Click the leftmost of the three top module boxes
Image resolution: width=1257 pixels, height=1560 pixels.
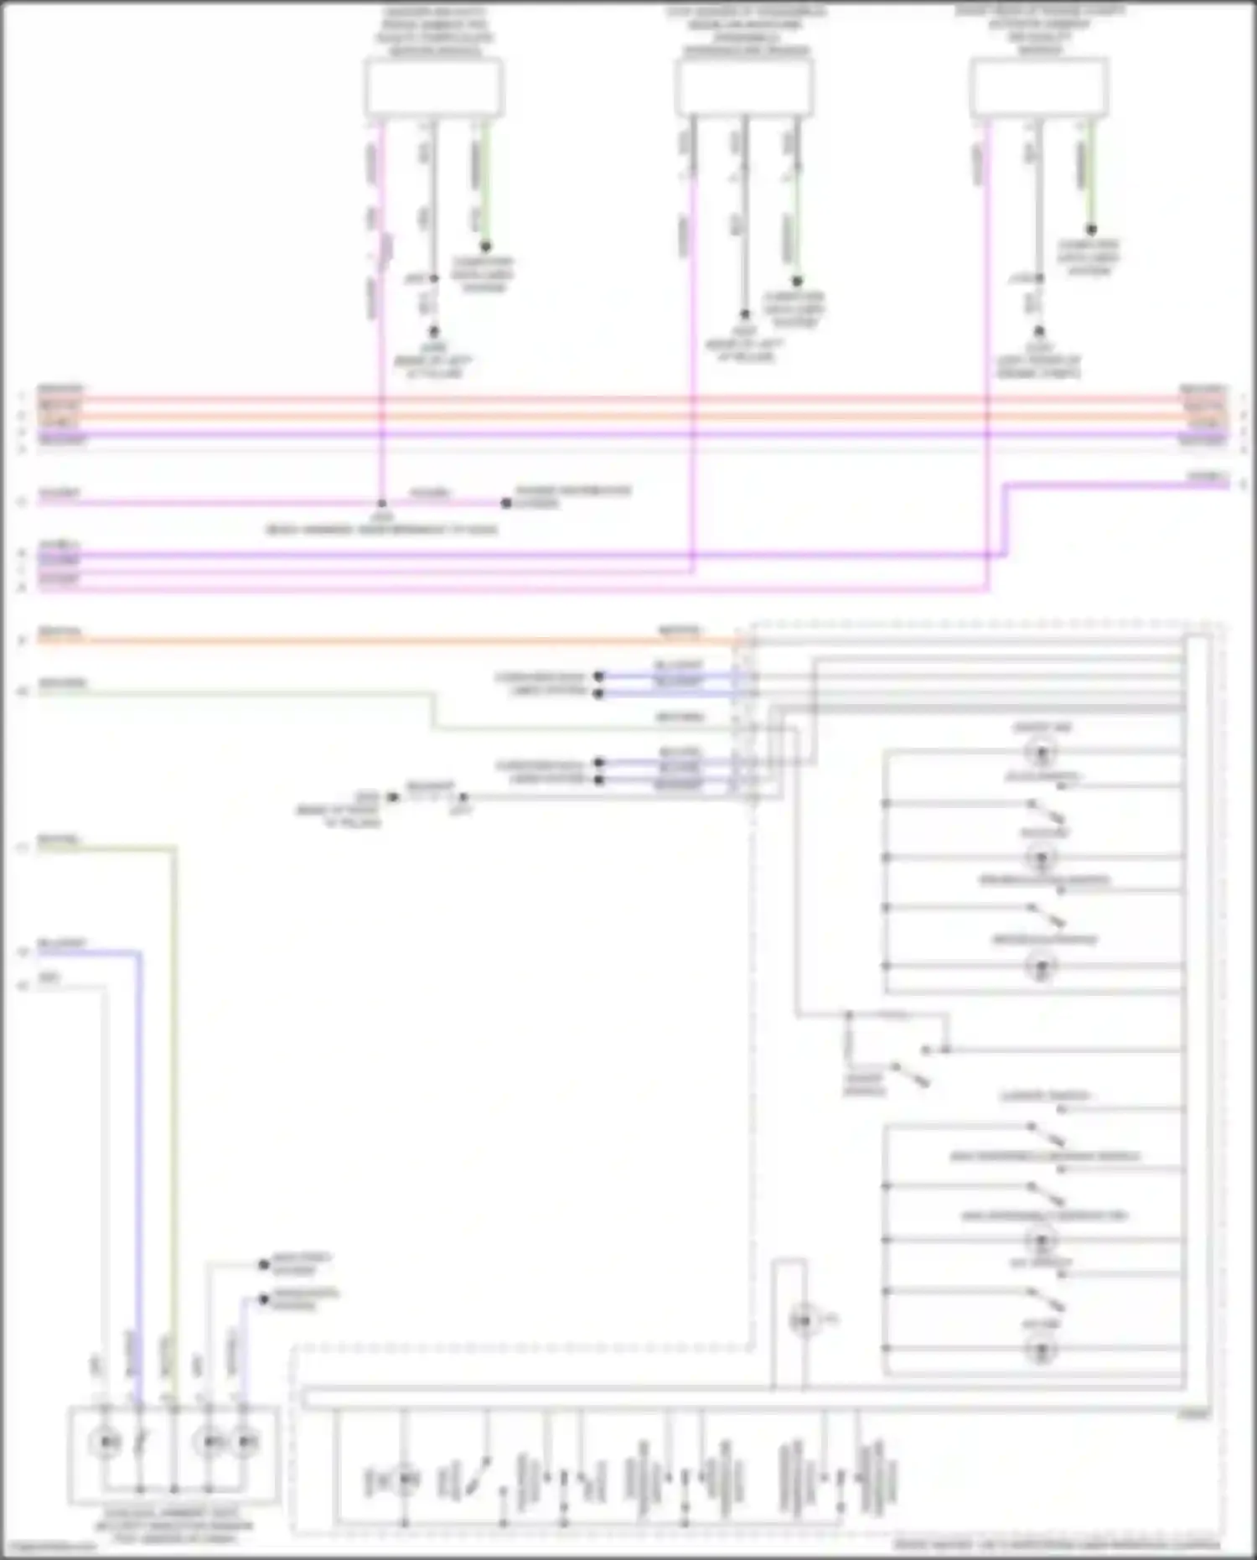(x=433, y=87)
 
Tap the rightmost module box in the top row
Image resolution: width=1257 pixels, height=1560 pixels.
(x=1039, y=87)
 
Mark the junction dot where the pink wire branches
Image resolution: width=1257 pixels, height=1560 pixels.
(x=381, y=504)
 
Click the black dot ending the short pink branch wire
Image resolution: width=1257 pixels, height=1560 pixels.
(x=505, y=504)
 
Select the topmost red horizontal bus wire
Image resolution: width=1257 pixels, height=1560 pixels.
(x=628, y=400)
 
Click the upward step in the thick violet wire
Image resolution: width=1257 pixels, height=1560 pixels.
(x=1007, y=520)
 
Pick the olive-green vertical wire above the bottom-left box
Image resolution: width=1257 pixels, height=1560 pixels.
(x=175, y=1090)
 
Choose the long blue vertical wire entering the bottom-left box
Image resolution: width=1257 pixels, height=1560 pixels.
(x=140, y=1174)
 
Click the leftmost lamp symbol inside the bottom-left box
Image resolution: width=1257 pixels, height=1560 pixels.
(x=106, y=1441)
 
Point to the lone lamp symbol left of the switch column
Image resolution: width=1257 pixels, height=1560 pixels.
(x=802, y=1322)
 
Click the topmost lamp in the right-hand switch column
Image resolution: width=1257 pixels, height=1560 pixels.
(x=1041, y=754)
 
